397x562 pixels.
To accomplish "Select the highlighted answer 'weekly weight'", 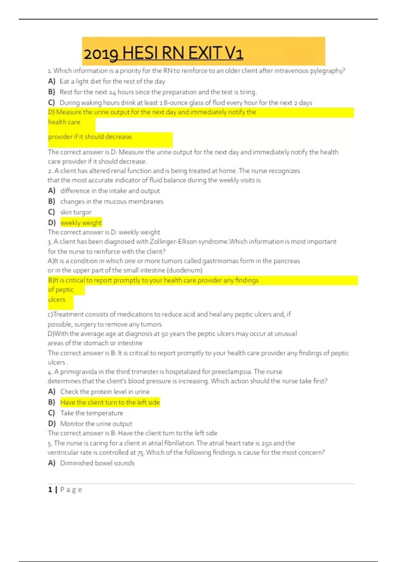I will tap(81, 223).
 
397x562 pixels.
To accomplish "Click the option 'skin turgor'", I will tap(76, 212).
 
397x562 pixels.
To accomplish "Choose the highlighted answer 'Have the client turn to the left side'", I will tap(110, 402).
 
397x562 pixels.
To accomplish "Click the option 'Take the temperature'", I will tap(92, 413).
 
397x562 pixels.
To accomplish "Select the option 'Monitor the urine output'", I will tap(96, 423).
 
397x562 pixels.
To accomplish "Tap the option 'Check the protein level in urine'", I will tap(105, 392).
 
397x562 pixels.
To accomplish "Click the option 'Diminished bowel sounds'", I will tap(97, 463).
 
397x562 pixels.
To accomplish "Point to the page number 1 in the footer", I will tap(50, 490).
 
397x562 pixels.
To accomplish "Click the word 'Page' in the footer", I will tap(71, 490).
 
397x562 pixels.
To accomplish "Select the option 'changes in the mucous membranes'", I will tap(112, 202).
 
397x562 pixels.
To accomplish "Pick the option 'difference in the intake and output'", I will tap(110, 191).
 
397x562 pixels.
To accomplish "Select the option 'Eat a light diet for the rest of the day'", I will tap(112, 81).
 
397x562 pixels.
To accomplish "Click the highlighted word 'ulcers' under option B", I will tap(57, 300).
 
